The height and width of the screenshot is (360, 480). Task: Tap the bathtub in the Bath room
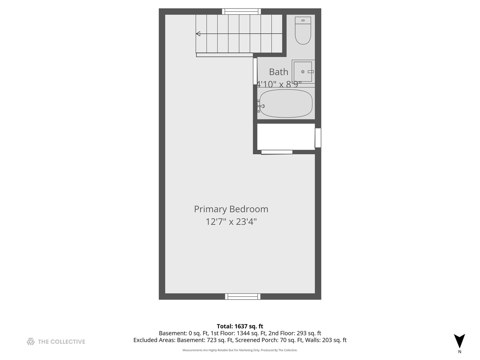(286, 103)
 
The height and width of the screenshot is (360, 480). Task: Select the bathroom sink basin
(303, 72)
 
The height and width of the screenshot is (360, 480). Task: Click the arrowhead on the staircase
(198, 34)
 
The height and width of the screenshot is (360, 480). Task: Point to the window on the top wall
(242, 11)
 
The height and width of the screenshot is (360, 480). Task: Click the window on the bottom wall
(243, 296)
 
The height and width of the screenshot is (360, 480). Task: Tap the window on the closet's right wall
(318, 138)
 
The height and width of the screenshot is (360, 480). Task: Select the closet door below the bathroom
(277, 152)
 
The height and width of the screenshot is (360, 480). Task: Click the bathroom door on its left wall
(255, 71)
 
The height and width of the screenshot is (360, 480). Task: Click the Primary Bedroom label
(231, 209)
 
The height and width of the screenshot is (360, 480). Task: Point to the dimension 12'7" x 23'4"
(231, 222)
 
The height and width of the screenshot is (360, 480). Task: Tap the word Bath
(278, 72)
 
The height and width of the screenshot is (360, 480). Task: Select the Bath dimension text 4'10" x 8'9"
(279, 84)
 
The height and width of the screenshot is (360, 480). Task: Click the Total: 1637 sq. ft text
(240, 326)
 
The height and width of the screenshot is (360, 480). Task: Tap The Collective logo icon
(31, 341)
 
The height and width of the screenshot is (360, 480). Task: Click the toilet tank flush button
(303, 20)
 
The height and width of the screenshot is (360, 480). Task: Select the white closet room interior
(286, 137)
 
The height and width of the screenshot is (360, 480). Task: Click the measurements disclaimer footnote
(240, 350)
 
